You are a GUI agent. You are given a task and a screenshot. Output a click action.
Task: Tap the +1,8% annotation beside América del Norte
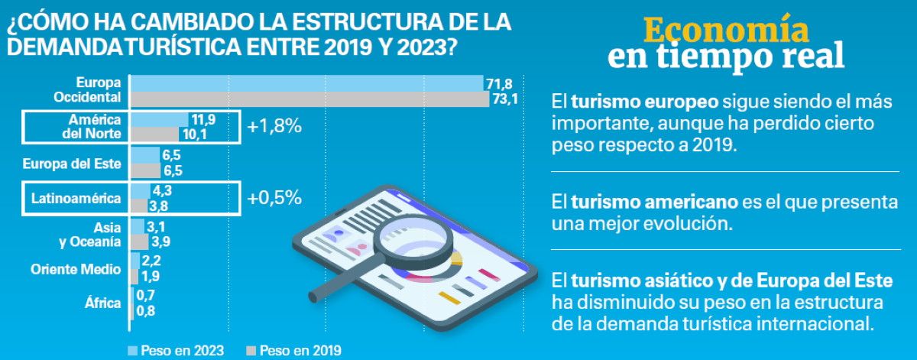(x=274, y=127)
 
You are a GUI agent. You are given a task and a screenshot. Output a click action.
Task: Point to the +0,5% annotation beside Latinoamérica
(x=274, y=198)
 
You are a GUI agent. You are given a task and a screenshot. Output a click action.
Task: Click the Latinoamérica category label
(x=76, y=199)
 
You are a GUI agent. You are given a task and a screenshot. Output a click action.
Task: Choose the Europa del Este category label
(x=72, y=163)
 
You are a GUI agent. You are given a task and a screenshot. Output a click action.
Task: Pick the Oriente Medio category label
(x=76, y=269)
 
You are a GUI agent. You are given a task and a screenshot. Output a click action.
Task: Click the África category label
(x=103, y=303)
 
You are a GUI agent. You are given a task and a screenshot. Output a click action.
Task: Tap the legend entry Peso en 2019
(x=294, y=351)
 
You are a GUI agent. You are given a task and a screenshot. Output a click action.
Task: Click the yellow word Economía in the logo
(x=726, y=30)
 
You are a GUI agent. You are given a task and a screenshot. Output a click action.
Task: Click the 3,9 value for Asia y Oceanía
(x=160, y=242)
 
